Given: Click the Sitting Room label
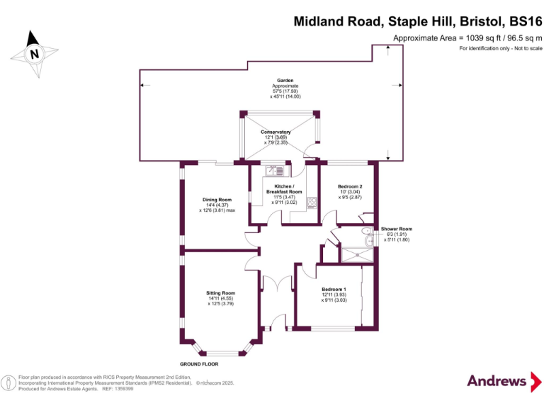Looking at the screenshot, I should pos(220,293).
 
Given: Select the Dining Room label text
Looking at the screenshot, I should pos(217,200).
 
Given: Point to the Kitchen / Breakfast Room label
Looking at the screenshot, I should pos(284,188).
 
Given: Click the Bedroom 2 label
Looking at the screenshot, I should pos(350,186).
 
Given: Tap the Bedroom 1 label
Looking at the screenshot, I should pos(334,289).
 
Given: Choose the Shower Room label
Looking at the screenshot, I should pos(396,229).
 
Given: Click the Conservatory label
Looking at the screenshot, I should pos(276,132).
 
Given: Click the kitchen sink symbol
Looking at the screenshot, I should pos(275,170).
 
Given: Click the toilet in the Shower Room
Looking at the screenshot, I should pos(365,241).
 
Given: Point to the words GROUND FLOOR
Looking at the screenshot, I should pos(194,364).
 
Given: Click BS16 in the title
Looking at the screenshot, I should pos(520,21).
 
